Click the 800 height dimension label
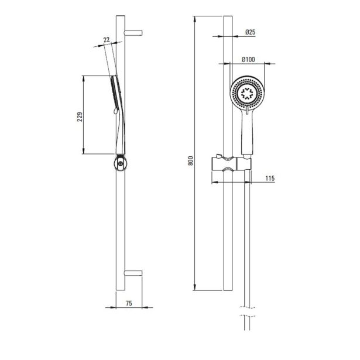click(191, 161)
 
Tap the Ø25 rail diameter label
click(251, 32)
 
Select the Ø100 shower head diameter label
click(248, 60)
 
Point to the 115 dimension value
click(270, 178)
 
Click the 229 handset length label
click(80, 117)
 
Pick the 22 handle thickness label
click(107, 40)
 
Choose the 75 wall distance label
click(129, 303)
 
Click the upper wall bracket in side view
click(133, 33)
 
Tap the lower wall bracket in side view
click(133, 273)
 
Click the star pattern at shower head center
click(247, 94)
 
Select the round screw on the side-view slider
click(121, 164)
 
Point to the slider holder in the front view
click(231, 164)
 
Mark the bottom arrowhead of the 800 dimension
click(195, 287)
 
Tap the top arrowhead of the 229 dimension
click(84, 78)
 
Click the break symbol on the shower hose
click(247, 311)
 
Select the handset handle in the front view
click(247, 133)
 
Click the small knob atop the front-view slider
click(218, 156)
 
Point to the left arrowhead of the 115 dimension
click(214, 182)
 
